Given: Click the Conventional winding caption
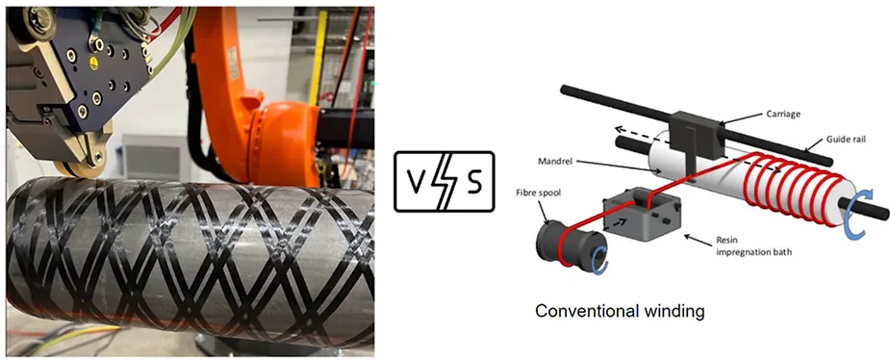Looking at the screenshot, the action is point(620,311).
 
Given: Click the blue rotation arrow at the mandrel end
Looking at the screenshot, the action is point(854,216).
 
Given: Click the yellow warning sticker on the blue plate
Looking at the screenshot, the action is point(93,64).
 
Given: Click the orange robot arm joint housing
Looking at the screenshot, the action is point(282,140).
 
